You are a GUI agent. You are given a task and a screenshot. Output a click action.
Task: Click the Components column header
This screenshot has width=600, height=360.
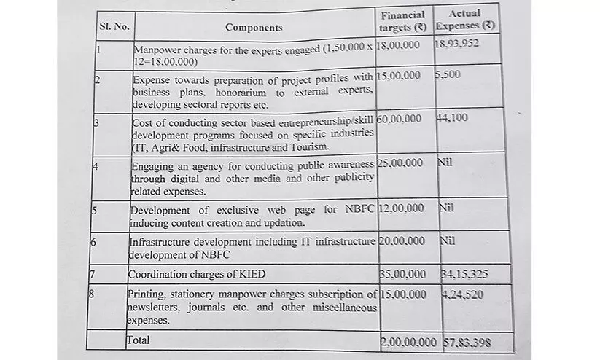pos(253,28)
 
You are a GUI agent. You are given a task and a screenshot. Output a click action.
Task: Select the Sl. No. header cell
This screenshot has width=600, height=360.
pos(114,27)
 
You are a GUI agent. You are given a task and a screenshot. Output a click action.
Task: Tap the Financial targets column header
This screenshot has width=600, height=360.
pos(403,22)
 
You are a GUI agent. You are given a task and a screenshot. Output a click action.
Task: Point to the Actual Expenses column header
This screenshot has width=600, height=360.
pos(464,21)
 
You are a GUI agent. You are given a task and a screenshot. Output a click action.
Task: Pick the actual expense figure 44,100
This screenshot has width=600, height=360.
pos(452,118)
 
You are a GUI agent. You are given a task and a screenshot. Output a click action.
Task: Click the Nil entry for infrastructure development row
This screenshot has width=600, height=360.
pos(446,239)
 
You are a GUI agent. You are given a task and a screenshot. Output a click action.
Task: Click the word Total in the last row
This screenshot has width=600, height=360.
pos(140,339)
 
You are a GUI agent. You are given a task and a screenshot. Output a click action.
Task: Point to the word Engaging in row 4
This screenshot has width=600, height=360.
pos(152,163)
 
